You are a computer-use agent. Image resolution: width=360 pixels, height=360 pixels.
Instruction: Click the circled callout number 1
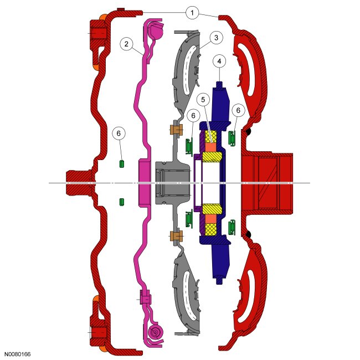192,13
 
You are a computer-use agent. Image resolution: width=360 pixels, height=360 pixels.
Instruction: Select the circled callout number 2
126,44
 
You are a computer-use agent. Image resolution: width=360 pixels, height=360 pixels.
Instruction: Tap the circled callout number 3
216,38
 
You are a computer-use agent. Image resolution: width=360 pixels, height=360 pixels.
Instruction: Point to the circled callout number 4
219,61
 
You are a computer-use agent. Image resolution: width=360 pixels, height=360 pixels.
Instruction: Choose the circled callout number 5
203,99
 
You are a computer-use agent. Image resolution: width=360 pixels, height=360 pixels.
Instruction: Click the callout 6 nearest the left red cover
119,133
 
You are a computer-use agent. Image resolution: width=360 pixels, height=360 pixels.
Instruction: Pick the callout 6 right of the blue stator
238,110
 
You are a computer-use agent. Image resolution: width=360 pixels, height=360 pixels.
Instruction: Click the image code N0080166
17,354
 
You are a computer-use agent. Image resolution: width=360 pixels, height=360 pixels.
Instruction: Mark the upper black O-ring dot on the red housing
248,132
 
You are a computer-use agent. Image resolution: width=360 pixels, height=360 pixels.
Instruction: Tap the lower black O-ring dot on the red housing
248,234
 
